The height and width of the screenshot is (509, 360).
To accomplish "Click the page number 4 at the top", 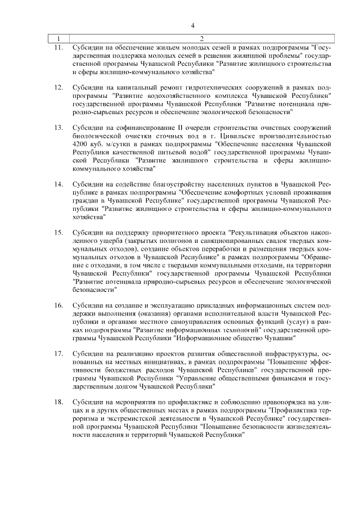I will pos(193,26).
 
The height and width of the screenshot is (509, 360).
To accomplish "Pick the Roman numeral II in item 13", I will pos(169,128).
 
